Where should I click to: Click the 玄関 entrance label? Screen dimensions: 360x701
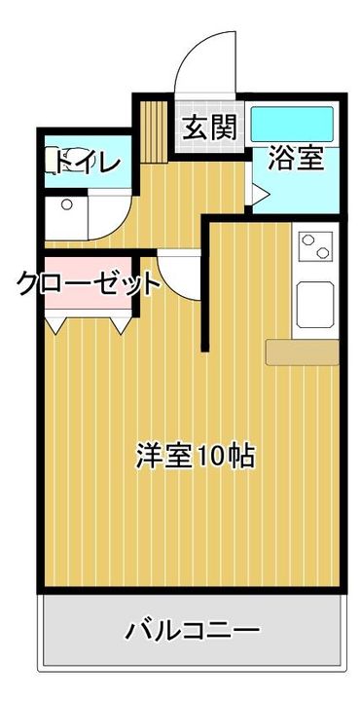(209, 127)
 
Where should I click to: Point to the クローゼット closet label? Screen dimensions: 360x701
(88, 284)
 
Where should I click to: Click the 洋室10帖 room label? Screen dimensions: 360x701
(196, 456)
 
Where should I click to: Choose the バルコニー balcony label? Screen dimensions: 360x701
(192, 630)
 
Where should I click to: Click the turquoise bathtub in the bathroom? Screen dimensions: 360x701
(292, 124)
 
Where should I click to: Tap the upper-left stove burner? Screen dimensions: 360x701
(307, 240)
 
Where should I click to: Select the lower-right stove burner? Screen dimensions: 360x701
(322, 253)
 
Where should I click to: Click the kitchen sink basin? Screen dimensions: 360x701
(315, 305)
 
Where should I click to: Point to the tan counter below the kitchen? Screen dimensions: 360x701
(302, 352)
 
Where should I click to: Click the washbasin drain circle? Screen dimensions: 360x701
(67, 204)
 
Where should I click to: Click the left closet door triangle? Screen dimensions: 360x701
(55, 325)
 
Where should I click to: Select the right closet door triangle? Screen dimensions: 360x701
(121, 325)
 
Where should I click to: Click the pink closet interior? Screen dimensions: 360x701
(88, 283)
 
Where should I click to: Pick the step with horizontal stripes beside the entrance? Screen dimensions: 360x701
(154, 131)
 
